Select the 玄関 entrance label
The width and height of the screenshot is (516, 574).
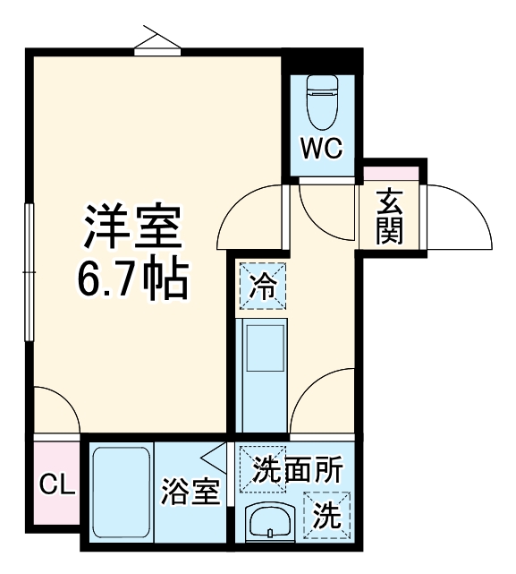tap(389, 218)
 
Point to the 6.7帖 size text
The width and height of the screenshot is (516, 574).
tap(131, 280)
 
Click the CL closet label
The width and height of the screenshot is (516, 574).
tap(55, 486)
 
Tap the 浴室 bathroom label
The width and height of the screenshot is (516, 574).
tap(190, 492)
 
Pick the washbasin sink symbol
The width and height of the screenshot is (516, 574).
tap(269, 522)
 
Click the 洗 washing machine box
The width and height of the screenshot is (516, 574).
tap(328, 515)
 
